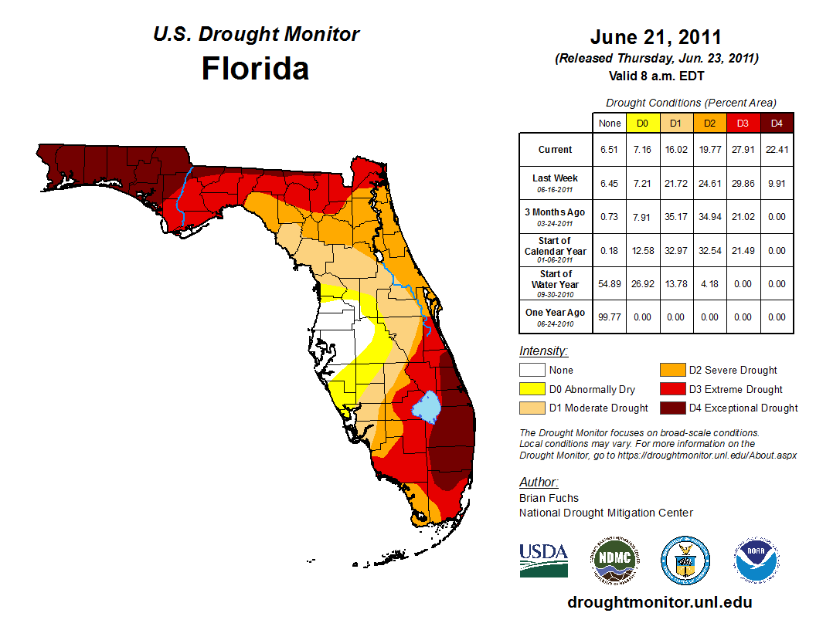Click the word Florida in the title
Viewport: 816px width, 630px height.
tap(255, 69)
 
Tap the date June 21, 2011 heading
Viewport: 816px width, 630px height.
tap(655, 37)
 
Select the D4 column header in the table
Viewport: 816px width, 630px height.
tap(777, 123)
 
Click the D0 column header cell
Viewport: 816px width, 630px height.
tap(642, 123)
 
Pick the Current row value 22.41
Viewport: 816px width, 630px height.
tap(777, 150)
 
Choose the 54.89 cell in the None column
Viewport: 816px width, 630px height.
tap(609, 284)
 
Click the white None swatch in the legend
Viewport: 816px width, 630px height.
tap(532, 371)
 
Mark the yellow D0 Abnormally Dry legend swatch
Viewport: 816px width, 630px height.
tap(532, 389)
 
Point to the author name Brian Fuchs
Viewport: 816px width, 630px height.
tap(549, 498)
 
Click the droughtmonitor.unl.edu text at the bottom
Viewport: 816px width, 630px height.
tap(659, 602)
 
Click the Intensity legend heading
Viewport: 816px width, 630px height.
tap(543, 351)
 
